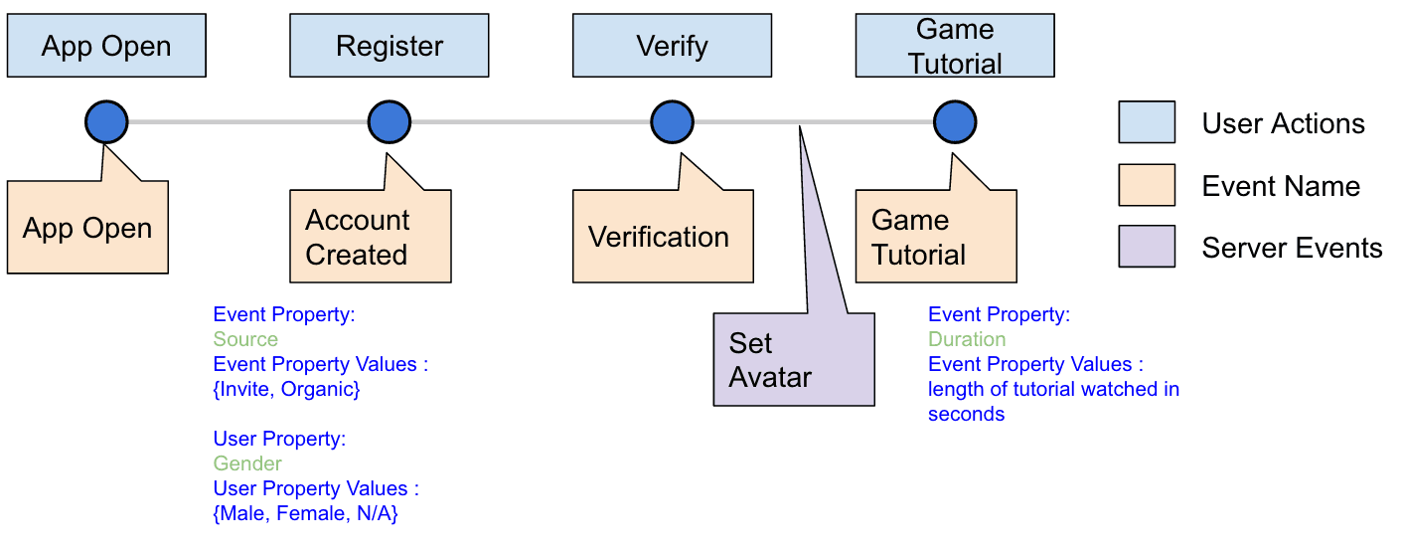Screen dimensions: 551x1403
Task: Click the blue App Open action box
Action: pyautogui.click(x=106, y=46)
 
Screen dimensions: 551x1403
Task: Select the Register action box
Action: pyautogui.click(x=390, y=46)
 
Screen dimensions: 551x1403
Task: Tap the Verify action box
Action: pyautogui.click(x=673, y=46)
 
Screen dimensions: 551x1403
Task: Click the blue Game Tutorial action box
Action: pyautogui.click(x=955, y=46)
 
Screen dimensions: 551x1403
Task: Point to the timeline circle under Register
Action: pyautogui.click(x=390, y=122)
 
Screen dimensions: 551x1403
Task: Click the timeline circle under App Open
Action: pyautogui.click(x=106, y=122)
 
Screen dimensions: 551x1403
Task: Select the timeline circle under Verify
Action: pyautogui.click(x=673, y=122)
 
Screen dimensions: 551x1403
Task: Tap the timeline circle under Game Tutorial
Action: pyautogui.click(x=955, y=122)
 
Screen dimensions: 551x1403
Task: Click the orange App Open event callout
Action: pyautogui.click(x=87, y=228)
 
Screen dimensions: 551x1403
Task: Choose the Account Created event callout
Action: pyautogui.click(x=371, y=237)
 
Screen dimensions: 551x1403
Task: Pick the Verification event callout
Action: pyautogui.click(x=659, y=237)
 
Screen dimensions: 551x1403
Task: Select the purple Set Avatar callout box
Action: pyautogui.click(x=793, y=359)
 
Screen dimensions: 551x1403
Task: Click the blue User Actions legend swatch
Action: pyautogui.click(x=1147, y=122)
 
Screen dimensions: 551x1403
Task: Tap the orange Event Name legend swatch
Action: pyautogui.click(x=1147, y=185)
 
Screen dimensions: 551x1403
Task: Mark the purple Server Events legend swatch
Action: pyautogui.click(x=1147, y=247)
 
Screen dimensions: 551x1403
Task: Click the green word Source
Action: pyautogui.click(x=245, y=339)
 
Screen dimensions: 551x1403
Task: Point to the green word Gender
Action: pyautogui.click(x=247, y=463)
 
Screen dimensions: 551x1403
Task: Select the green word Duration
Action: pyautogui.click(x=967, y=339)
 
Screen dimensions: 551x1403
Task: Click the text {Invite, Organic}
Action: pyautogui.click(x=286, y=389)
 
